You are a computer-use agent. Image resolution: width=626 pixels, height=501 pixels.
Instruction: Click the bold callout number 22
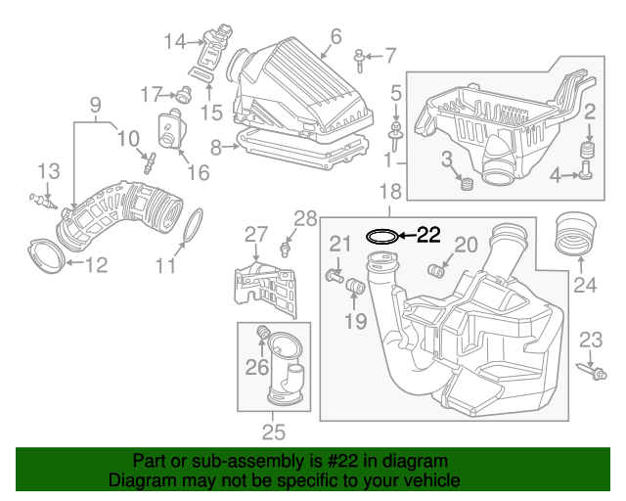(428, 235)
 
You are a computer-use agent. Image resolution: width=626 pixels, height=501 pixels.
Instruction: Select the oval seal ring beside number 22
(381, 236)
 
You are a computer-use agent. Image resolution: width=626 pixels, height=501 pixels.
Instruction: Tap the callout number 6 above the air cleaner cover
(335, 37)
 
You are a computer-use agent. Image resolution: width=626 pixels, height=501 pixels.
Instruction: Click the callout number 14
(174, 41)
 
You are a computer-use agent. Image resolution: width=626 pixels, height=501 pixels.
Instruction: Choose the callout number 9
(96, 104)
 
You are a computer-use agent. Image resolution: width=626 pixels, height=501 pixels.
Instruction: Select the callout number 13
(49, 170)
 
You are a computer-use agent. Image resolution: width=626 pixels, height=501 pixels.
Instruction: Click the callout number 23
(590, 340)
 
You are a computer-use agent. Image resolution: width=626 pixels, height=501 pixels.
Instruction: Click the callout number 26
(256, 368)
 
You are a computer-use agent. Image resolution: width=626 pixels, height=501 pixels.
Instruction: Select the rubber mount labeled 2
(589, 151)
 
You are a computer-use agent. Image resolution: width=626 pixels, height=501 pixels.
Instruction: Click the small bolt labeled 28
(286, 245)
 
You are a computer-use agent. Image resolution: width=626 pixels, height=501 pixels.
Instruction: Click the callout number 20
(466, 244)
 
